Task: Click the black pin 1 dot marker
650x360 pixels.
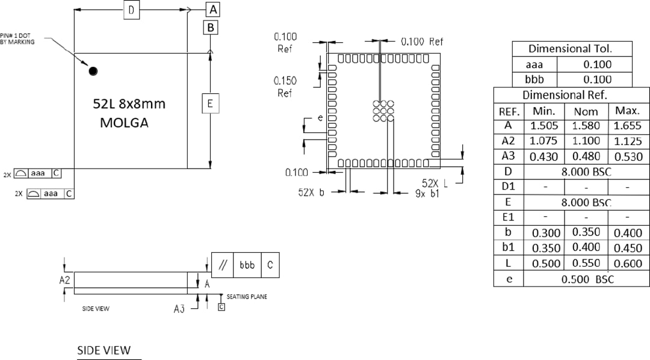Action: click(93, 71)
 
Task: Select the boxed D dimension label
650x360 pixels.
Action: click(131, 10)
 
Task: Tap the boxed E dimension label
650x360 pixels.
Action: click(210, 104)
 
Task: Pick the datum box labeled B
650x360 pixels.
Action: click(210, 28)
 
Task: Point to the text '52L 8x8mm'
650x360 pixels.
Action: click(129, 104)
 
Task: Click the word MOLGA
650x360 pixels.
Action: click(124, 123)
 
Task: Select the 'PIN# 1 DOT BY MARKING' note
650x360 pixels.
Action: click(17, 39)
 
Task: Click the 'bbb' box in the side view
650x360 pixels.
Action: click(247, 265)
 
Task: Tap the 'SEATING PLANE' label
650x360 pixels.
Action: click(247, 297)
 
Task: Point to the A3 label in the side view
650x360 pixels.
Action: click(179, 308)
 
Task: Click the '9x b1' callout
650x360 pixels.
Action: click(427, 193)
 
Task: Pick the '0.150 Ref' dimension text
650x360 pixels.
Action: click(284, 87)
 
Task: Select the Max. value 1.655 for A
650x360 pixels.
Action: click(628, 126)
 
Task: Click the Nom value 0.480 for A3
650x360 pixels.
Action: click(586, 157)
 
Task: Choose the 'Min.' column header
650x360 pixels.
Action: click(543, 111)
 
